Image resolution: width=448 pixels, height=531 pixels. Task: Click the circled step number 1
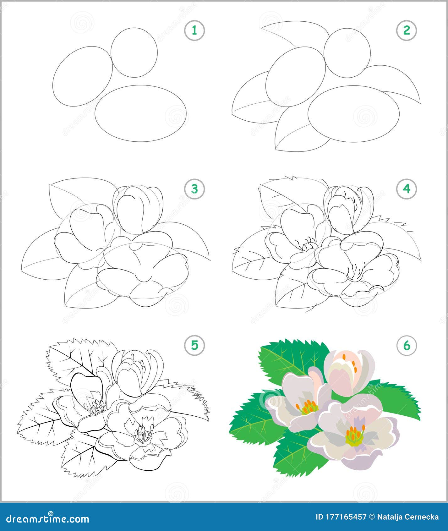[194, 30]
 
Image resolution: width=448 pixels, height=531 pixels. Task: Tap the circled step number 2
[407, 30]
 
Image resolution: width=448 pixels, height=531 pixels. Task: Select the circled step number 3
[194, 189]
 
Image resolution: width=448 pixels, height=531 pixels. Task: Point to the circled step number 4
[407, 189]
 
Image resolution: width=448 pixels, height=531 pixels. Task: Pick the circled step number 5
[194, 345]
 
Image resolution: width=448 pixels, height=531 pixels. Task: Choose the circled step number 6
[407, 345]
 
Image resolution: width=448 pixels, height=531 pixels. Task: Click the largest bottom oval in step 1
[95, 114]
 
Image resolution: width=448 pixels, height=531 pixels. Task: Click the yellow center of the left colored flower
[309, 408]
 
